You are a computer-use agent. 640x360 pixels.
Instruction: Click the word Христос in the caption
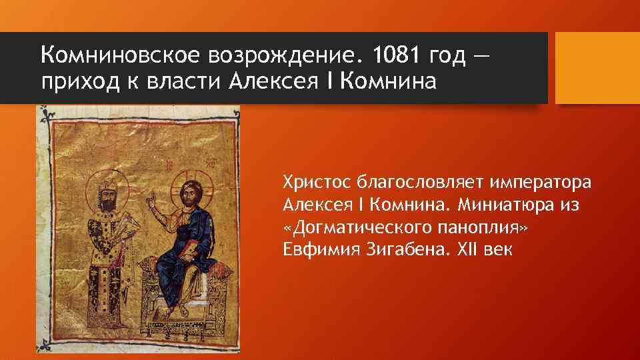click(316, 181)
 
